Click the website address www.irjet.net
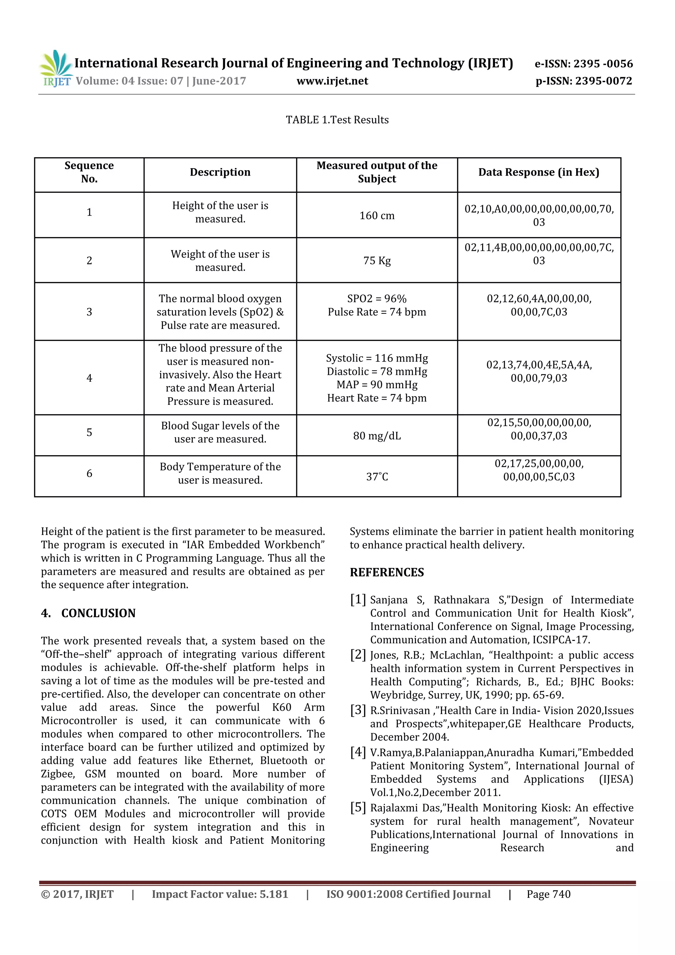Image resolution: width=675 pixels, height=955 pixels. [x=332, y=81]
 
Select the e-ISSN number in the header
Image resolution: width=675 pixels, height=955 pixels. [x=583, y=64]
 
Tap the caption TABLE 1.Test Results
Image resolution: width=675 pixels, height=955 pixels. [x=337, y=120]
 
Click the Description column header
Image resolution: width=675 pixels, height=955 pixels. [x=220, y=172]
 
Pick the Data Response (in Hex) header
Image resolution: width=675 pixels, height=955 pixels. [x=538, y=172]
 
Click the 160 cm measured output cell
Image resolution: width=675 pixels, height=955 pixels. [x=377, y=216]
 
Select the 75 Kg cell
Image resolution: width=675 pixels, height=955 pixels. [x=377, y=261]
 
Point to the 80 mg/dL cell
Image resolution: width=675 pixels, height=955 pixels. [x=377, y=436]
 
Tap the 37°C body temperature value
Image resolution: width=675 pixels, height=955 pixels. [x=377, y=477]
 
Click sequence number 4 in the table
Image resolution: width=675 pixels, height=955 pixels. [x=89, y=378]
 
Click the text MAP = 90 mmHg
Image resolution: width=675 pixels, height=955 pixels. [x=377, y=385]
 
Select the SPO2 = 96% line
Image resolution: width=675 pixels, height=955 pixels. [x=377, y=299]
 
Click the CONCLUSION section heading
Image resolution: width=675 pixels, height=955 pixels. [x=98, y=613]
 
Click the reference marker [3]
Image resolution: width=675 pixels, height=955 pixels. [x=358, y=710]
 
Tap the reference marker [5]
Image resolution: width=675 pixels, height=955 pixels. [x=358, y=807]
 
